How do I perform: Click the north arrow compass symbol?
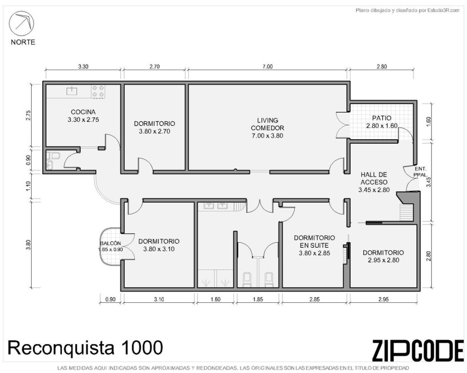[21, 23]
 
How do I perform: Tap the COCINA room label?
[83, 112]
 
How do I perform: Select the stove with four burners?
[98, 91]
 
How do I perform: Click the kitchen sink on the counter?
[71, 90]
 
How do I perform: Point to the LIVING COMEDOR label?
[267, 124]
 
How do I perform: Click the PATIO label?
[382, 118]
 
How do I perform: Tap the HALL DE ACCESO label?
[374, 178]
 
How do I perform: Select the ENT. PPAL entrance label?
[420, 171]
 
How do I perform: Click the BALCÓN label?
[110, 243]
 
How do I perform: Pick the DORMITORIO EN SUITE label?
[314, 242]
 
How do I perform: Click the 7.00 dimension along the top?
[267, 67]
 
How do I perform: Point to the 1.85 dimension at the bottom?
[257, 299]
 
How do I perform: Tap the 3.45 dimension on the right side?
[429, 181]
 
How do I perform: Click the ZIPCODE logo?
[418, 350]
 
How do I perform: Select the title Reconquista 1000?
[85, 347]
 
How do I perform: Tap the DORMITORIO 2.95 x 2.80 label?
[383, 256]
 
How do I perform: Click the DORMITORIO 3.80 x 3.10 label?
[159, 245]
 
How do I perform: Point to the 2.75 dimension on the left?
[28, 116]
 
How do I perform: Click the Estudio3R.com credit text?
[407, 11]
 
